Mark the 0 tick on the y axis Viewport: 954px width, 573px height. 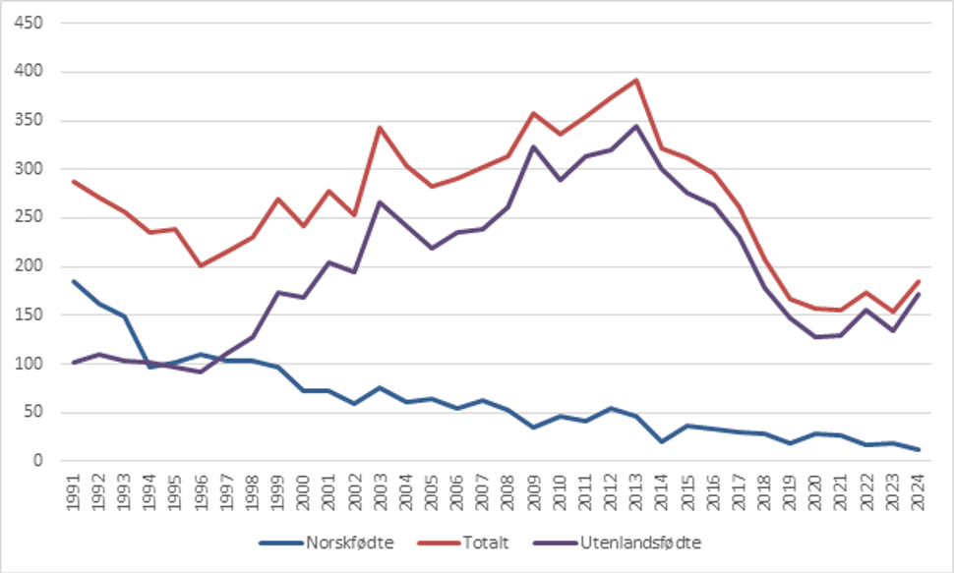[x=39, y=461]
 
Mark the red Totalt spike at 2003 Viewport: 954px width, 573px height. [x=381, y=127]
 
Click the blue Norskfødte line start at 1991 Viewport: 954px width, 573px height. [x=73, y=281]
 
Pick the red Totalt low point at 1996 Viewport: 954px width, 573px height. [x=201, y=265]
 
